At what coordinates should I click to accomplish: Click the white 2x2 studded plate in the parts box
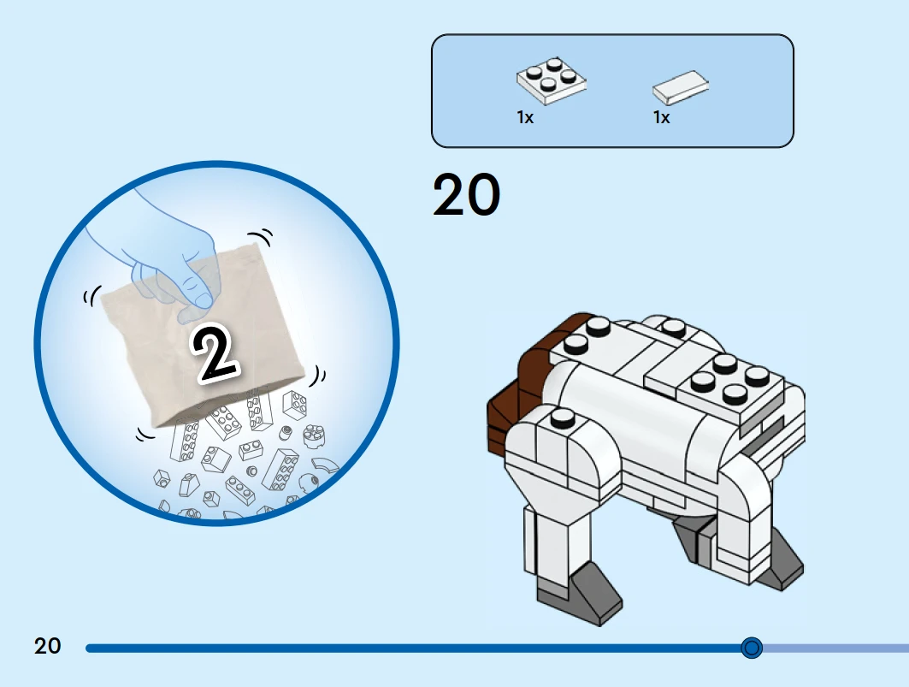click(x=552, y=80)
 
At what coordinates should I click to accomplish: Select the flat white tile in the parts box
click(x=681, y=87)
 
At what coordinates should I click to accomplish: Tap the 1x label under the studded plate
click(x=525, y=118)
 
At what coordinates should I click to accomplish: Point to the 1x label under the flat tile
click(x=662, y=118)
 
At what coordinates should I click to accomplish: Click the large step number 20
click(x=466, y=195)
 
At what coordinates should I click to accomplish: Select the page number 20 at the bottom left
click(x=47, y=646)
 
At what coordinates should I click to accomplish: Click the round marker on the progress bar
click(x=752, y=648)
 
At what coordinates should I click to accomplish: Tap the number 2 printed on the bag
click(x=215, y=353)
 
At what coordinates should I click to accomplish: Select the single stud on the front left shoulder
click(x=563, y=418)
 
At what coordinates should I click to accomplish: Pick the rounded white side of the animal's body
click(x=626, y=418)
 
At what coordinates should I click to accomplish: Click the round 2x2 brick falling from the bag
click(x=314, y=436)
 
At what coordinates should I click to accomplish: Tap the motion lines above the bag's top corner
click(x=262, y=236)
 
